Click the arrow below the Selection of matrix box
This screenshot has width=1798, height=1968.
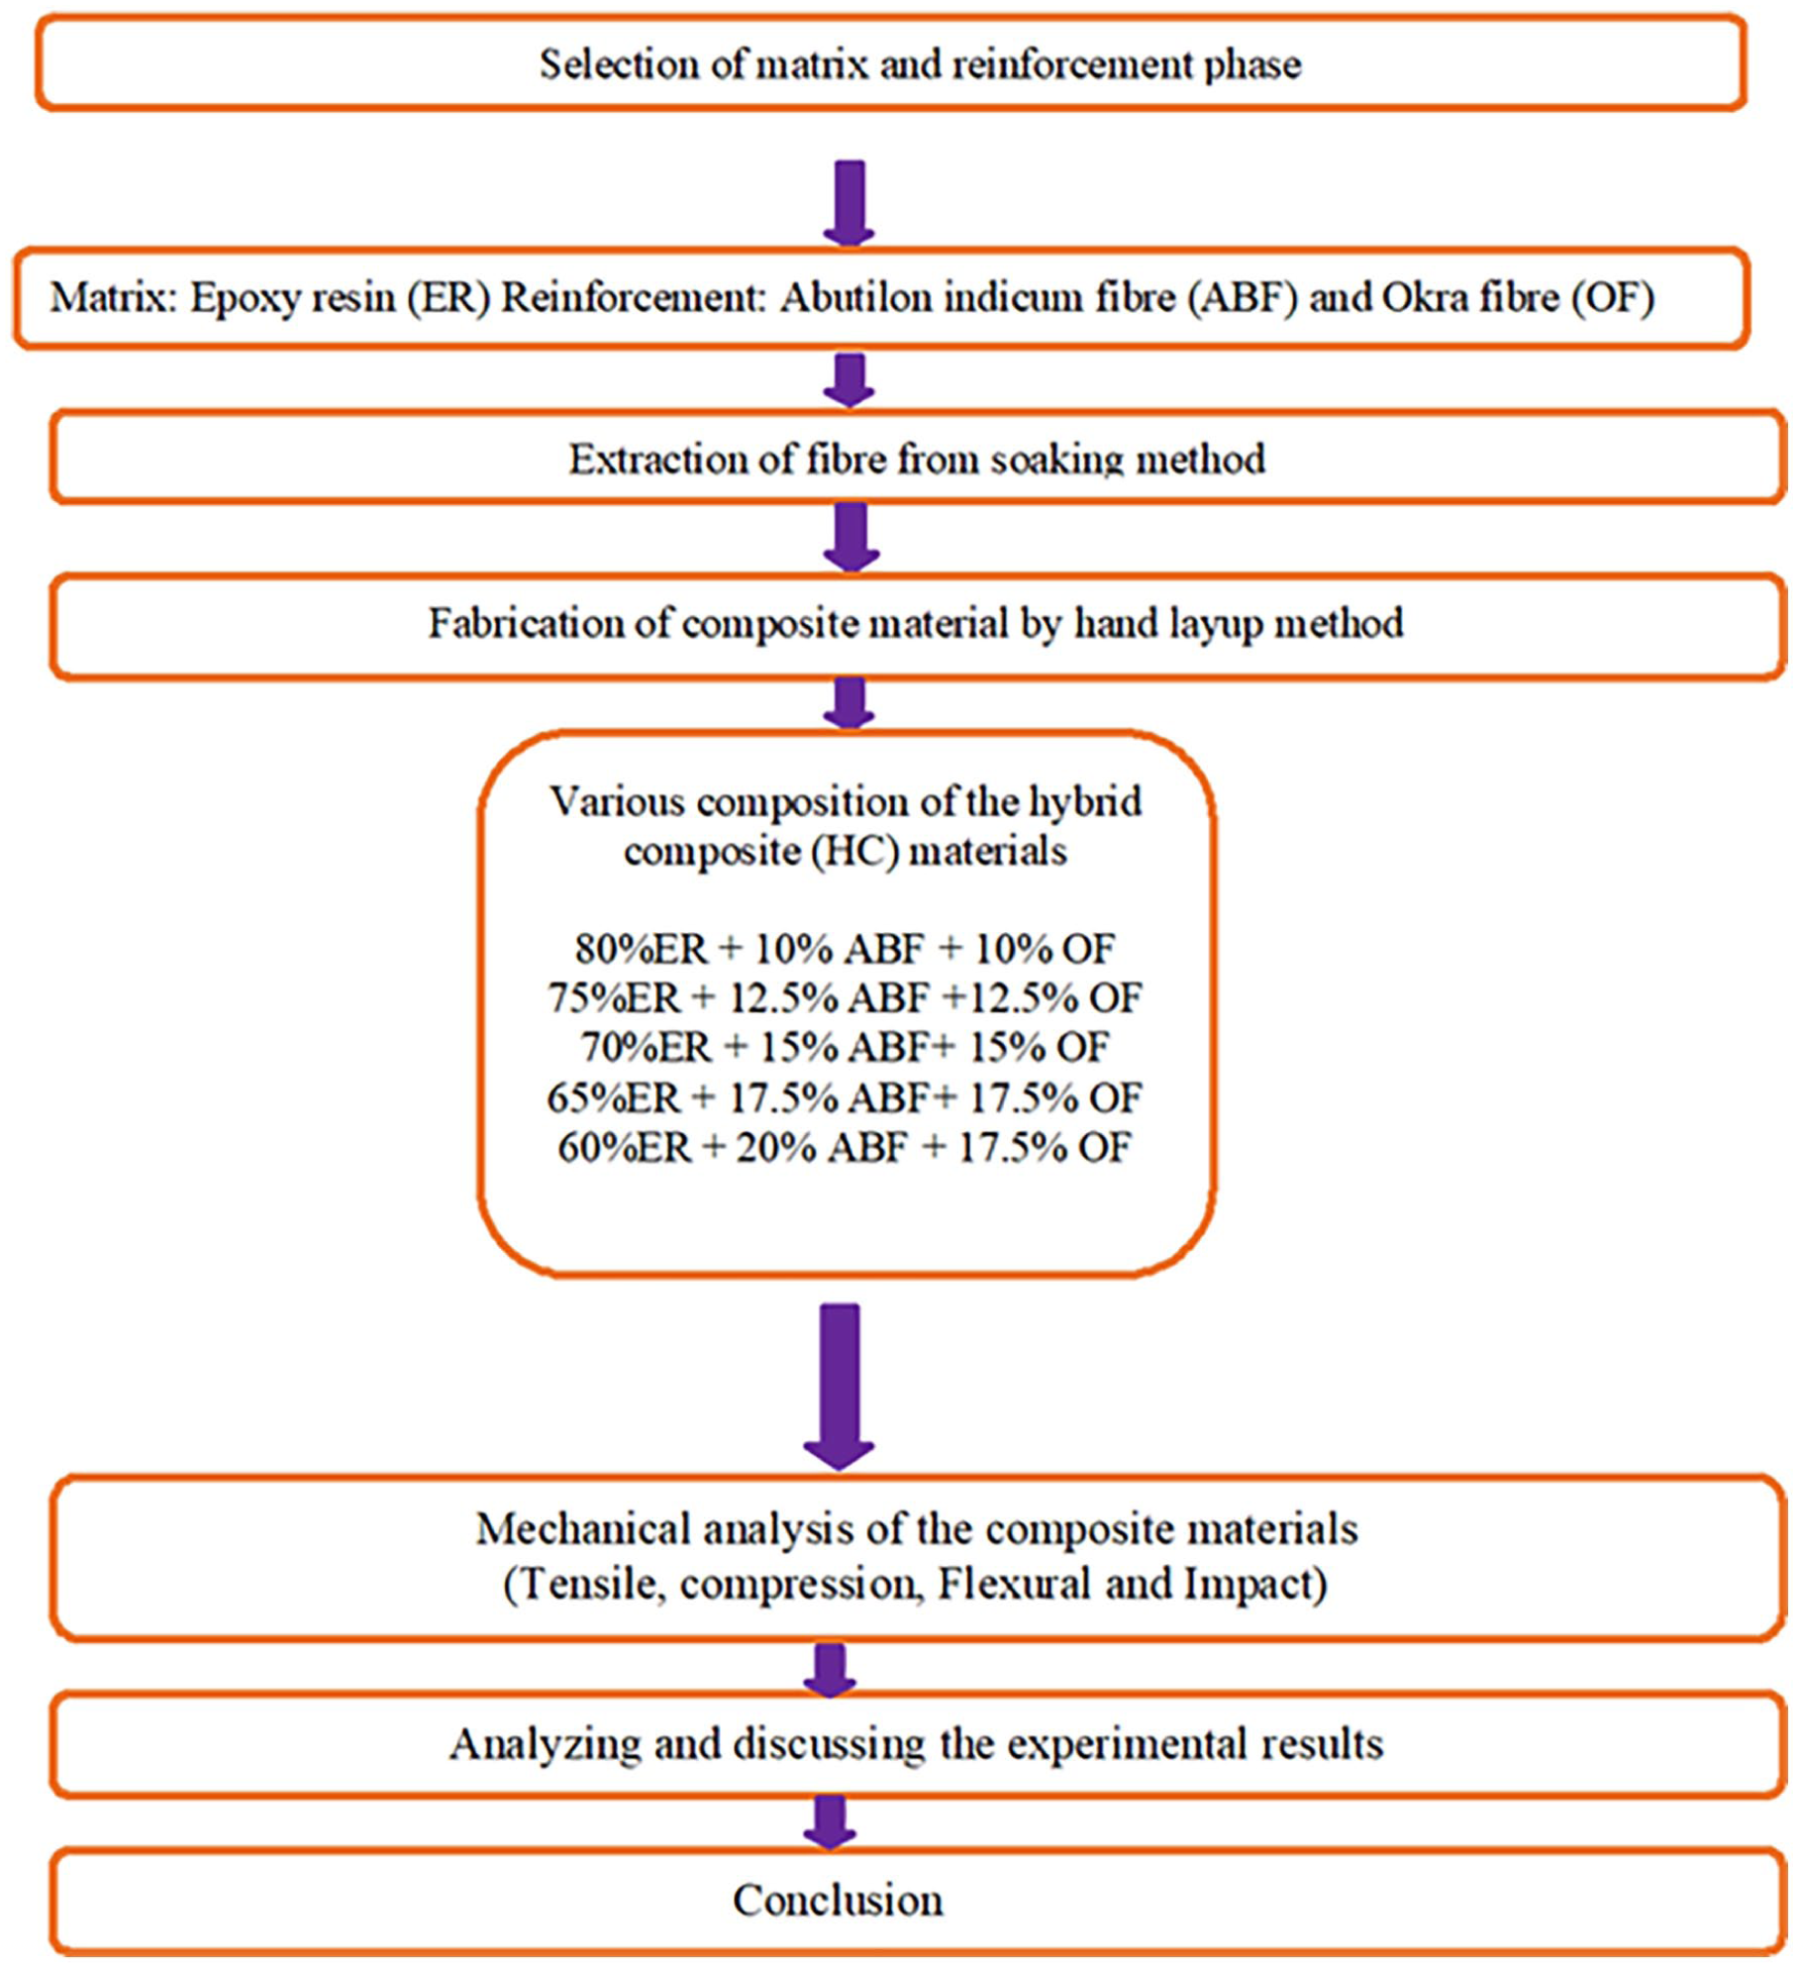click(x=849, y=203)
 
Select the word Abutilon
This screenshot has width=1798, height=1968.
click(x=855, y=297)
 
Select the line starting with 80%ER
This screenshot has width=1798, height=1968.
click(x=845, y=949)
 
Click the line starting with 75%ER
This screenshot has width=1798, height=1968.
click(x=845, y=998)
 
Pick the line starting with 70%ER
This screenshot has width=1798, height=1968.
click(x=845, y=1048)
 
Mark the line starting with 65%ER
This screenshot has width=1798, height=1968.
click(x=845, y=1097)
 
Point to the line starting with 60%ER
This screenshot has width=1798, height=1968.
click(x=845, y=1147)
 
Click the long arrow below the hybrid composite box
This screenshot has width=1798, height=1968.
click(x=840, y=1387)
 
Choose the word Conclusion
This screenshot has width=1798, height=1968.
click(x=838, y=1901)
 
